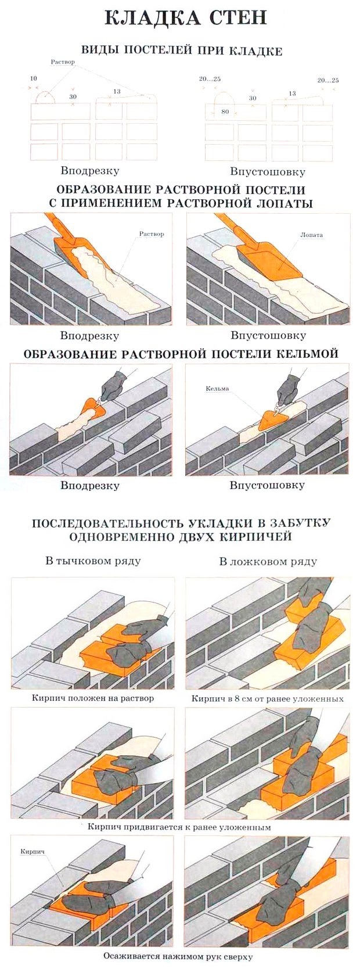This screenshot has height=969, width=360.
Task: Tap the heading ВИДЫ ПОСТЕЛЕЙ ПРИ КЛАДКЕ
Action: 181,51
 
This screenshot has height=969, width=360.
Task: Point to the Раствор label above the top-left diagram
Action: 63,62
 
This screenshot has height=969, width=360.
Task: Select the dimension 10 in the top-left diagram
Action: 33,78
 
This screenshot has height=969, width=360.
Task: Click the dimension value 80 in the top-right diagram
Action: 225,112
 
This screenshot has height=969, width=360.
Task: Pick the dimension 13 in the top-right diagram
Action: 292,93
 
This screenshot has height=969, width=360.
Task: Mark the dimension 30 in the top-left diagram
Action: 73,96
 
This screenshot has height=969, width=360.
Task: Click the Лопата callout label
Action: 311,235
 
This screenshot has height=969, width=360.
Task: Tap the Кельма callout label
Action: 217,389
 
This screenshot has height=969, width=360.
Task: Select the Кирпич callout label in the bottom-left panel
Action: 33,852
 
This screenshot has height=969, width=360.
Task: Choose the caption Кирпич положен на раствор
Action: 93,698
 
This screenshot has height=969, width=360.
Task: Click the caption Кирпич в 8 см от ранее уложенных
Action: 268,698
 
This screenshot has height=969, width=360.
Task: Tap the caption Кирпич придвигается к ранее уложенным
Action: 179,826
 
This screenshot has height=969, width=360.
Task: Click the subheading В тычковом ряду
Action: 93,561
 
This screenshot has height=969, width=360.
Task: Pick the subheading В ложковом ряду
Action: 268,562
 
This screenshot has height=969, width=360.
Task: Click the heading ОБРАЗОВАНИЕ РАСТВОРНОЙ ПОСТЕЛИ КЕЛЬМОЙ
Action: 181,354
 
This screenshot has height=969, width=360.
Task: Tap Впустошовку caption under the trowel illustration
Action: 267,485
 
